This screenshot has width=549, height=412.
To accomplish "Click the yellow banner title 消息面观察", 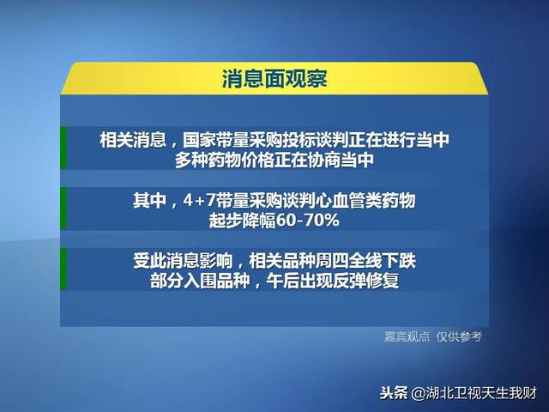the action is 274,78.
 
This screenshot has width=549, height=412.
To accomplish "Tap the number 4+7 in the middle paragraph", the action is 199,201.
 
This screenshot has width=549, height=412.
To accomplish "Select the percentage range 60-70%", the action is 308,221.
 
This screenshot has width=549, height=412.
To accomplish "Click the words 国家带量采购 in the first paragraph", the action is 232,140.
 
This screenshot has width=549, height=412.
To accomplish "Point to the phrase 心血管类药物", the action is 365,201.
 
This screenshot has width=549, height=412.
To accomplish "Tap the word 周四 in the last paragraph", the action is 332,261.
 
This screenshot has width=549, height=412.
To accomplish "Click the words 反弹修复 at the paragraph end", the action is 365,281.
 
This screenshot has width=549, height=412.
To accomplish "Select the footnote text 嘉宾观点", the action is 407,336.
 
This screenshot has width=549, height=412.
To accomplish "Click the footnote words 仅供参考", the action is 459,336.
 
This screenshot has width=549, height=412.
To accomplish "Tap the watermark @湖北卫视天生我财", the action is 474,393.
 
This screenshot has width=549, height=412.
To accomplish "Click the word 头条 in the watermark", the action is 394,393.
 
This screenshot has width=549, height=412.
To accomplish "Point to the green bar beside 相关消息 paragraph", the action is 63,148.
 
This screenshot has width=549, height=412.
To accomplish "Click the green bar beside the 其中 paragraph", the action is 63,209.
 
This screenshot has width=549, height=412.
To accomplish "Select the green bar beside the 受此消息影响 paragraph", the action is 63,269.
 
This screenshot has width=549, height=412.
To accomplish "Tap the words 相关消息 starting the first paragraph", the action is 133,140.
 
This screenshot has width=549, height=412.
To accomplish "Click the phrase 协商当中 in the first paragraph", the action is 341,161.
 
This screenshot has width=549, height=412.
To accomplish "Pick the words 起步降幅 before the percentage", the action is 243,221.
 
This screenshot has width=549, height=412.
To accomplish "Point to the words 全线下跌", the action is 383,261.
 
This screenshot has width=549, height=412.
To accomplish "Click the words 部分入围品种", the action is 200,281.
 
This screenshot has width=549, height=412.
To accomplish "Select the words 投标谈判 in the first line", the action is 316,140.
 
